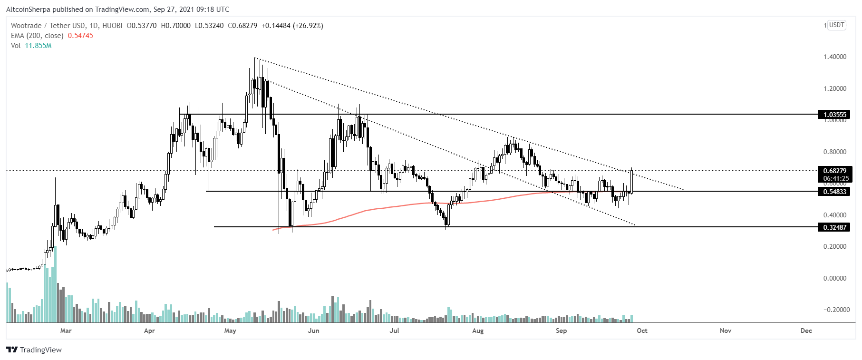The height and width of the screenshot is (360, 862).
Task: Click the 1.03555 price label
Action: click(x=835, y=115)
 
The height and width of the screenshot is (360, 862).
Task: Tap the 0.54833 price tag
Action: click(x=835, y=192)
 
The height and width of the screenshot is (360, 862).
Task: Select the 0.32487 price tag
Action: click(x=835, y=227)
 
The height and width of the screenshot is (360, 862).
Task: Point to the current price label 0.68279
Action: click(x=835, y=171)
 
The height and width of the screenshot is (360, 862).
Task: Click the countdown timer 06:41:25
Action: click(x=835, y=179)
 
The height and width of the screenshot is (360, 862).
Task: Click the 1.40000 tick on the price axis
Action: click(x=835, y=57)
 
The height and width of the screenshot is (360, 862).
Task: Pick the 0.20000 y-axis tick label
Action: click(x=835, y=246)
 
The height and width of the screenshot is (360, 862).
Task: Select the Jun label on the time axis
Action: click(x=313, y=331)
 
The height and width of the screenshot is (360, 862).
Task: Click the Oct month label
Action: click(x=642, y=331)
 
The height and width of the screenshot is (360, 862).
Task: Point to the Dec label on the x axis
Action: click(x=806, y=331)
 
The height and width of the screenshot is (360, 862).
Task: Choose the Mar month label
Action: click(x=66, y=331)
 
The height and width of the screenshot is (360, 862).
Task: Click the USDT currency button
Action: click(x=837, y=25)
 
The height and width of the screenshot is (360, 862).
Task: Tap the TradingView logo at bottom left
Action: click(x=34, y=350)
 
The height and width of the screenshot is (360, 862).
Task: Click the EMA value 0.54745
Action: click(x=80, y=36)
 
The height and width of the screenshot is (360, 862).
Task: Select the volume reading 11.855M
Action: click(x=38, y=46)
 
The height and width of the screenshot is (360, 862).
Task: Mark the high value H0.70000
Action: click(x=175, y=26)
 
